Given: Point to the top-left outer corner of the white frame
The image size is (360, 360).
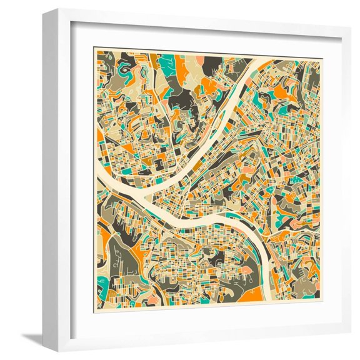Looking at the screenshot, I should (x=43, y=9).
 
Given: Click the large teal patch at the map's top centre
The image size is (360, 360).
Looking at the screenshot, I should (x=167, y=63).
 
